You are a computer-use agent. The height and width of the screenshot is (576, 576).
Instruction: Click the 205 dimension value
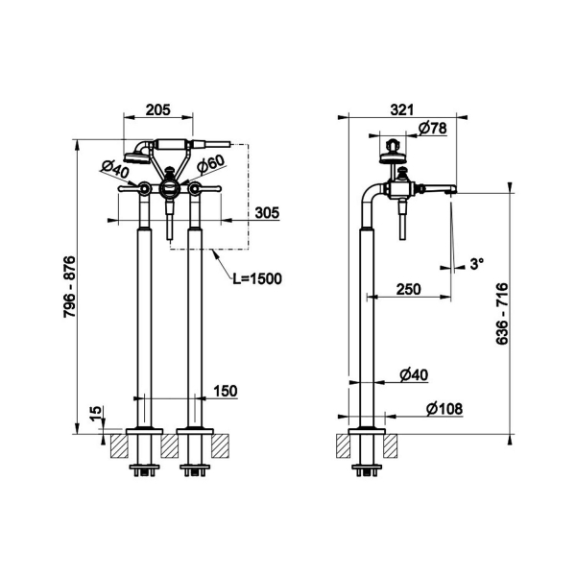coord(158,109)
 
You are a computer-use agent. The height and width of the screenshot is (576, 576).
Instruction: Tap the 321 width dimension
coord(402,109)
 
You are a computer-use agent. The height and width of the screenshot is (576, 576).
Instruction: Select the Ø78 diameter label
coord(433,128)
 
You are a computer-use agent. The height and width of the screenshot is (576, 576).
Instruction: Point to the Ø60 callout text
coord(210,163)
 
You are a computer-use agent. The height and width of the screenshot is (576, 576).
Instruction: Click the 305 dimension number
coord(268,213)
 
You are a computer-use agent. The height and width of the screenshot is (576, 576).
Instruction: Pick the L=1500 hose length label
coord(257,278)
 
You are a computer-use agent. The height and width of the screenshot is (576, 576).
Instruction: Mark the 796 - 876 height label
coord(69,286)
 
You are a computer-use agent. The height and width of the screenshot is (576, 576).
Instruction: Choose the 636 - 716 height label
coord(502,313)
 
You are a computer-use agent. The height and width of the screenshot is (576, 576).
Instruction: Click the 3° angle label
coord(477,264)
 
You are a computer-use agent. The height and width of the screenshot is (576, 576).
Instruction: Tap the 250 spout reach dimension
coord(409,290)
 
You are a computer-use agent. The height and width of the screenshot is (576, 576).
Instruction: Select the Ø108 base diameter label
coord(444,409)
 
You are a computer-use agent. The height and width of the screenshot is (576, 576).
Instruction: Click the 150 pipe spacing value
coord(226,391)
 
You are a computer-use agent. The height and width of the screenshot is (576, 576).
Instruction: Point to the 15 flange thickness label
coord(95,414)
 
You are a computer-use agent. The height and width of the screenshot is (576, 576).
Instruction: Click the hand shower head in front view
coord(136,158)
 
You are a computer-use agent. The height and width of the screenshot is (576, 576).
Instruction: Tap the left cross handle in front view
coord(134,188)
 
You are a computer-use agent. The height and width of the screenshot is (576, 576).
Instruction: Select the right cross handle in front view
coord(204,188)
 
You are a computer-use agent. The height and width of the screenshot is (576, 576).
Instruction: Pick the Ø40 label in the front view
coord(114,170)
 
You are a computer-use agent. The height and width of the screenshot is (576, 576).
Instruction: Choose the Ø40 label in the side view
coord(414,374)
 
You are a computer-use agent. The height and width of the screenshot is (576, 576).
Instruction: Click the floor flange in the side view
coord(367,431)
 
